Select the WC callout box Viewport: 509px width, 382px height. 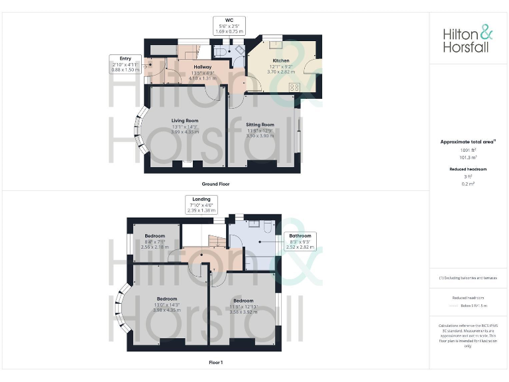point(229,26)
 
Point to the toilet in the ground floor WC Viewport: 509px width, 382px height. point(221,50)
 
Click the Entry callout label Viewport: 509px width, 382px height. point(125,64)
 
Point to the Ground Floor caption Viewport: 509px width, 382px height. point(216,183)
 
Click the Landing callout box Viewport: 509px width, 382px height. point(201,204)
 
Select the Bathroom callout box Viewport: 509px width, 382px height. point(300,240)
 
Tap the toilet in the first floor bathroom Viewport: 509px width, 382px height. point(266,227)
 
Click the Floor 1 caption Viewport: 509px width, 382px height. point(216,363)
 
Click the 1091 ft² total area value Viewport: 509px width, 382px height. point(468,150)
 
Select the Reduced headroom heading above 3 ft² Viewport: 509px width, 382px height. point(468,169)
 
